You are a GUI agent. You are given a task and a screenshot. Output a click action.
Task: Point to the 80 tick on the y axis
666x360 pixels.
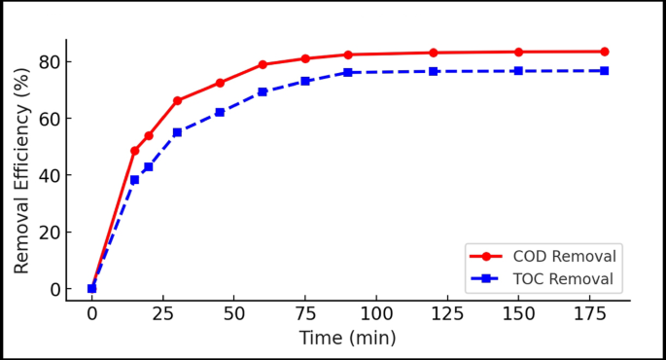(49, 62)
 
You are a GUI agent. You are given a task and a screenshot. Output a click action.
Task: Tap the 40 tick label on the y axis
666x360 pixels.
(49, 176)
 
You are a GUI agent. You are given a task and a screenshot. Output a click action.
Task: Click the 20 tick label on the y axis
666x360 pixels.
(49, 233)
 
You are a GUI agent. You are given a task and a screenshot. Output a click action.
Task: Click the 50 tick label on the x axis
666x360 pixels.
(234, 315)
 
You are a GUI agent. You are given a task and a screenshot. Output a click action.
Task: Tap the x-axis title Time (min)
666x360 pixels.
(347, 339)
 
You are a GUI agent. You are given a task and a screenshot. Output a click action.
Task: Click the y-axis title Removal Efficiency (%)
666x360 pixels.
(21, 170)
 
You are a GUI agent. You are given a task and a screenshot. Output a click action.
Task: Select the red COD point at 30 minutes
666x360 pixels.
(177, 101)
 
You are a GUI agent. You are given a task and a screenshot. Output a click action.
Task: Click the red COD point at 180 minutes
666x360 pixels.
(604, 52)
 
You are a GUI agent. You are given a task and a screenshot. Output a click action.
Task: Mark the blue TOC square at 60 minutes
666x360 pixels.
(263, 91)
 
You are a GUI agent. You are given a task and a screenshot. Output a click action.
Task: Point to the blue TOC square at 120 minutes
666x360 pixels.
(434, 71)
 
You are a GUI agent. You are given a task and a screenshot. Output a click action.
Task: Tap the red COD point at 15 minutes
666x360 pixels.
(134, 151)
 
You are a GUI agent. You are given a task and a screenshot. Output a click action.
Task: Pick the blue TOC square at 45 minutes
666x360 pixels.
(220, 112)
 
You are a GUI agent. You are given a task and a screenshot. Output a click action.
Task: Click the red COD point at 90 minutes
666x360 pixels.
(348, 54)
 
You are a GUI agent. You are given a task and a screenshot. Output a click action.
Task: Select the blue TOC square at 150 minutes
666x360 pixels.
(518, 71)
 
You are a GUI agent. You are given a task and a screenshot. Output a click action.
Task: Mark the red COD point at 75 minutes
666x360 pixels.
(305, 58)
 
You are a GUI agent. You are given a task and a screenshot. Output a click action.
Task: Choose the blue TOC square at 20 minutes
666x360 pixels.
(149, 166)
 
